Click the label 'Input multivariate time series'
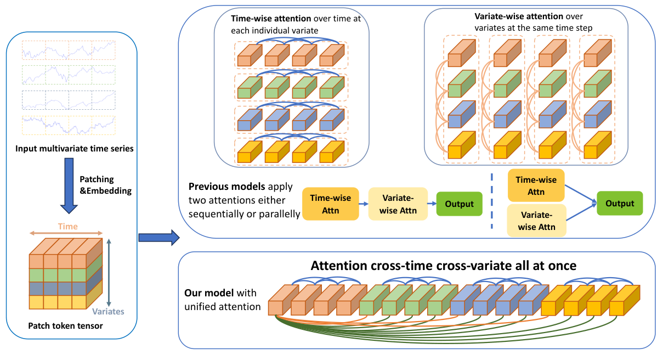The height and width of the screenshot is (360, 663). pyautogui.click(x=74, y=148)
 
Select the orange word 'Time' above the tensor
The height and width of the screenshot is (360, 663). pyautogui.click(x=67, y=226)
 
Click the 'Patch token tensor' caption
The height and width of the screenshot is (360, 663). pyautogui.click(x=65, y=326)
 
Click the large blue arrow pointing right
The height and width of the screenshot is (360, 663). pyautogui.click(x=158, y=238)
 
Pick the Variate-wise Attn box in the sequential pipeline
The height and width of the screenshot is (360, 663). pyautogui.click(x=398, y=204)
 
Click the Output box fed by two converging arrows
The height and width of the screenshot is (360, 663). pyautogui.click(x=619, y=203)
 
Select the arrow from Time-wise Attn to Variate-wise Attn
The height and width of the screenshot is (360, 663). pyautogui.click(x=364, y=204)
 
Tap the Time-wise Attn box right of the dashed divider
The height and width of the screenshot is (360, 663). pyautogui.click(x=536, y=185)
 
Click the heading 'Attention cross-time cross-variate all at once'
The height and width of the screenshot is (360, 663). pyautogui.click(x=444, y=266)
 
